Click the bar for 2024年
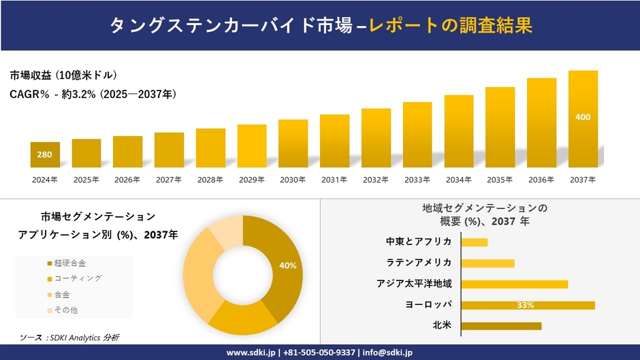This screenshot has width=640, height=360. (x=45, y=154)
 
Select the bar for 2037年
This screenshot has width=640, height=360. (x=583, y=119)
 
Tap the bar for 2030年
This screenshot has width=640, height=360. (x=293, y=143)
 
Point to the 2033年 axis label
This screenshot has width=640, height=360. (x=417, y=180)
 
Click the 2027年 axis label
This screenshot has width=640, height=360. (x=169, y=180)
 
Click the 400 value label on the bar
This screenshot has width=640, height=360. (x=583, y=117)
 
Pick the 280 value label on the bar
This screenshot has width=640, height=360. (x=44, y=154)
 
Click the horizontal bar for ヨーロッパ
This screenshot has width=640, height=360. (x=528, y=305)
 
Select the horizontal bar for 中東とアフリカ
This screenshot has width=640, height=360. (x=475, y=242)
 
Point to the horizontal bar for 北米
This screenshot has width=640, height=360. (x=501, y=326)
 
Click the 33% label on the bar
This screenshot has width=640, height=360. (x=525, y=305)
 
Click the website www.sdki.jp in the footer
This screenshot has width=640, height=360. (x=251, y=353)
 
